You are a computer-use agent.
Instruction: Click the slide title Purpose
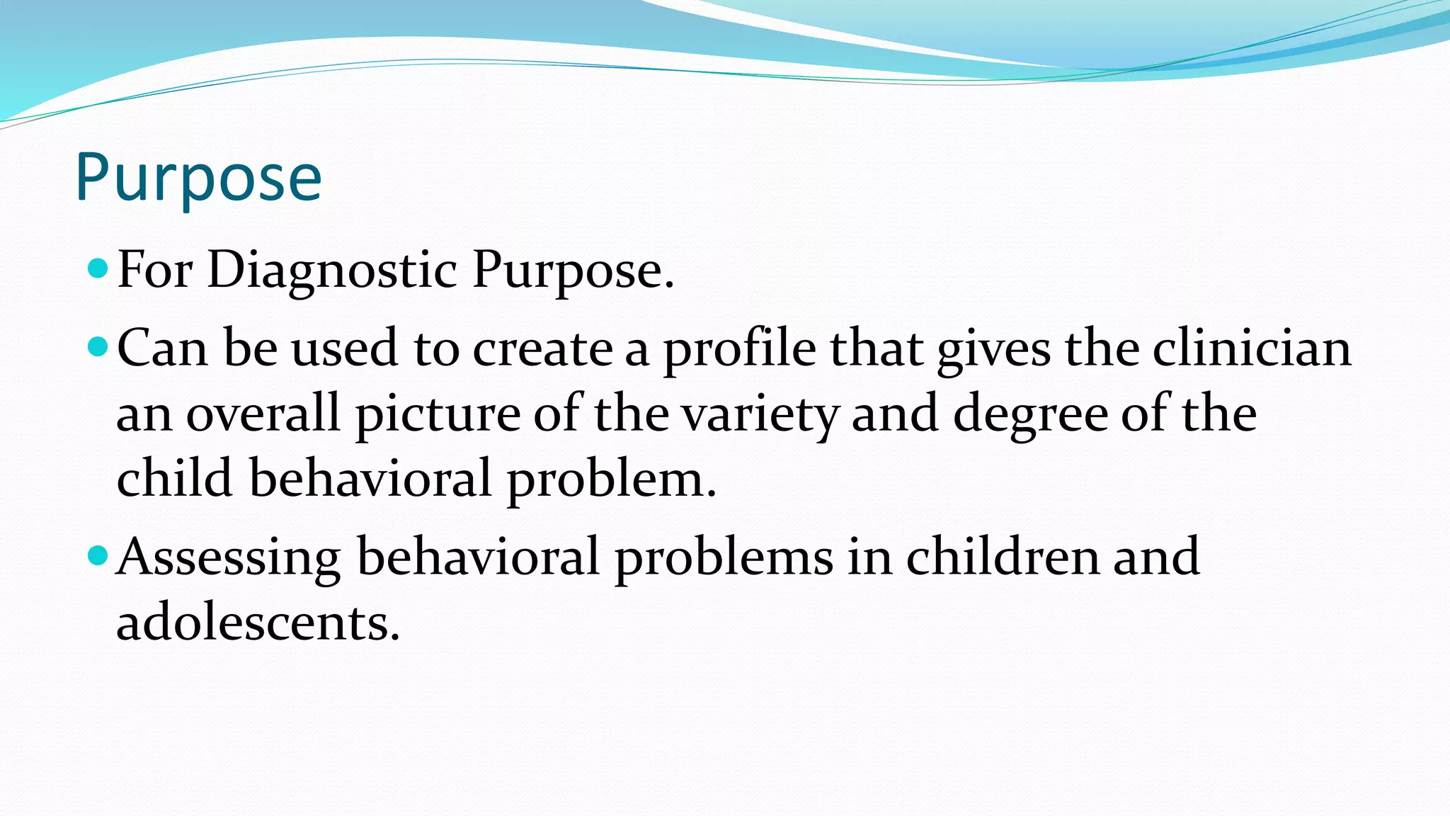pos(198,178)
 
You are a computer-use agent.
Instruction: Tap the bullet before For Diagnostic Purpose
pos(98,268)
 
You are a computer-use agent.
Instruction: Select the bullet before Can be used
pos(98,346)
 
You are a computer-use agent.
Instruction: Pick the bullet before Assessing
pos(98,555)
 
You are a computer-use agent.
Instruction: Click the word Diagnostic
pos(332,271)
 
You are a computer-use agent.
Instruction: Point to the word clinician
pos(1252,348)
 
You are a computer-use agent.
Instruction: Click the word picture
pos(438,414)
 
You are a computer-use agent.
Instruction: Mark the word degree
pos(1029,414)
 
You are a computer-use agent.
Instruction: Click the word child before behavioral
pos(174,478)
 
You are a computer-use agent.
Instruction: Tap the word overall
pos(263,414)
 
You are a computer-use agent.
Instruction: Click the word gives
pos(994,348)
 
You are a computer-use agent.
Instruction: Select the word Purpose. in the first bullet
pos(572,271)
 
